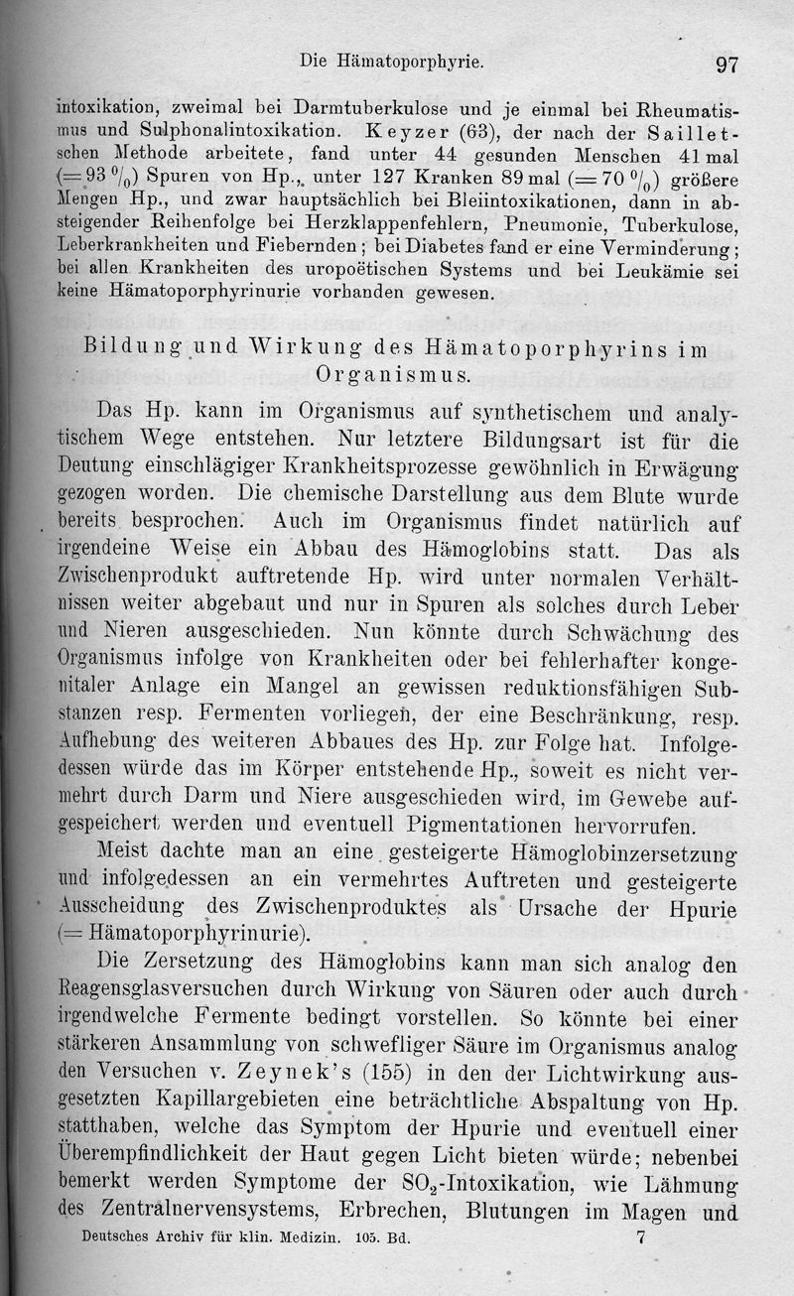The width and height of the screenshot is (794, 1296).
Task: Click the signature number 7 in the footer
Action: tap(640, 1238)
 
